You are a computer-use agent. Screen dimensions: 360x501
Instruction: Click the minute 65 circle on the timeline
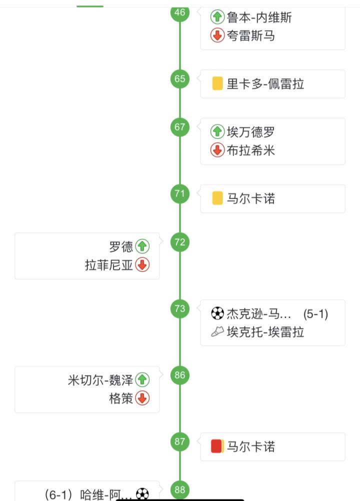(x=180, y=79)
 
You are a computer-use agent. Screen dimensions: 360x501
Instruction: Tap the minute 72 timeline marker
(x=180, y=242)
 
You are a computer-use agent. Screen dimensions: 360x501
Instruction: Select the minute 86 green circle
(x=180, y=375)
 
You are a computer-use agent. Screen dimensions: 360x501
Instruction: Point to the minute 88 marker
(x=180, y=490)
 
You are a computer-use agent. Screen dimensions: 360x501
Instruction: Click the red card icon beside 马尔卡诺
(x=217, y=446)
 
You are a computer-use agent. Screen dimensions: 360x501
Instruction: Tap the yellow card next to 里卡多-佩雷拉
(x=217, y=83)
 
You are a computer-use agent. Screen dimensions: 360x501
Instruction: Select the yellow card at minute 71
(x=217, y=198)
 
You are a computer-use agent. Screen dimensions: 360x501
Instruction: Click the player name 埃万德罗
(x=251, y=131)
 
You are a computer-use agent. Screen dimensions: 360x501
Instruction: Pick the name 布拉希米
(x=251, y=150)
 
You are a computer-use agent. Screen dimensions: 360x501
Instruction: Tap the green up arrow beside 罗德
(x=142, y=246)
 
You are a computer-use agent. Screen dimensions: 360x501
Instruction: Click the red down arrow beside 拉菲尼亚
(x=142, y=265)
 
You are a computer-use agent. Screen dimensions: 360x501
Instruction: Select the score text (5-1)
(x=315, y=314)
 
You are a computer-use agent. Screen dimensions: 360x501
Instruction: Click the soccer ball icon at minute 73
(x=217, y=313)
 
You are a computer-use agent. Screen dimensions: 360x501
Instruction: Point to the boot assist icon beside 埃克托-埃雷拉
(x=217, y=331)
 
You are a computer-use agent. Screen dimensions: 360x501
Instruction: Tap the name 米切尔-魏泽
(x=100, y=380)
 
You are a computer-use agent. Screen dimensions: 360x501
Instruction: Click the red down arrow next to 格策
(x=142, y=398)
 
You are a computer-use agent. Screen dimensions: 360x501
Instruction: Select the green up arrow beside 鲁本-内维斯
(x=217, y=17)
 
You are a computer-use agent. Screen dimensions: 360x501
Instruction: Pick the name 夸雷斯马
(x=251, y=35)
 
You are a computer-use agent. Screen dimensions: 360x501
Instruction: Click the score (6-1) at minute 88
(x=58, y=494)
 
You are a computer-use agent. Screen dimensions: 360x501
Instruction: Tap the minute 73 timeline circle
(x=180, y=308)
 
